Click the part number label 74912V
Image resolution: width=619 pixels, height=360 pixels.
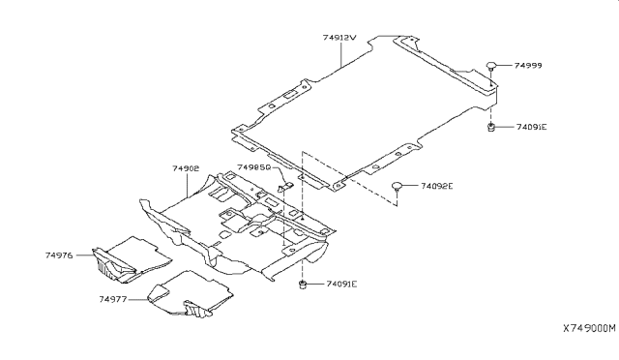(x=339, y=38)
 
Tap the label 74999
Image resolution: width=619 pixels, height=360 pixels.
(x=528, y=66)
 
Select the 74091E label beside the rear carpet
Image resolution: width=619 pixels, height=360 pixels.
(x=531, y=127)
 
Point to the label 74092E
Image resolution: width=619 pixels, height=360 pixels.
(x=436, y=186)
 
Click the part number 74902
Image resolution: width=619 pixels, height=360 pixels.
(x=186, y=168)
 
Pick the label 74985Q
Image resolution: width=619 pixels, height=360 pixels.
(x=253, y=167)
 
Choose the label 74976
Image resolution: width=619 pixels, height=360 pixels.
(x=59, y=255)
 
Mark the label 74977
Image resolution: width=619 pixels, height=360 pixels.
(x=113, y=300)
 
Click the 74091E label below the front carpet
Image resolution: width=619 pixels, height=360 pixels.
(x=341, y=285)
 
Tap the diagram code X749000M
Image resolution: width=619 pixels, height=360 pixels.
(x=589, y=328)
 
